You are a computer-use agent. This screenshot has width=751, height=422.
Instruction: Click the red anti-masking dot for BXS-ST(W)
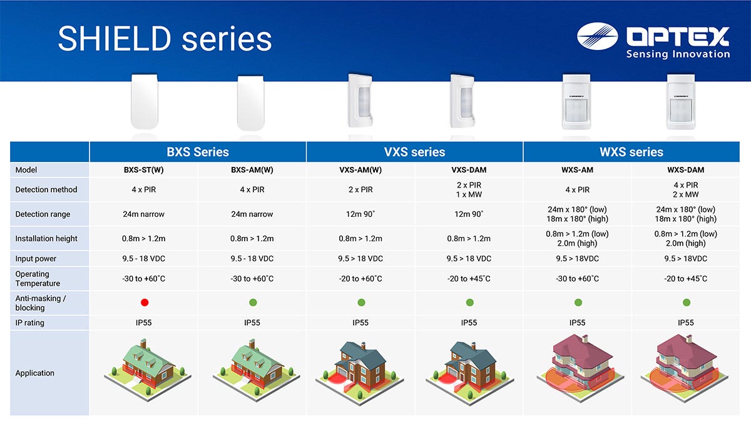(145, 303)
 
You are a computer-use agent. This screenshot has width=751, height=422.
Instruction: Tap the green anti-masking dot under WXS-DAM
(687, 303)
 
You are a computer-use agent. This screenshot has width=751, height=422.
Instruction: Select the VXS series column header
(414, 152)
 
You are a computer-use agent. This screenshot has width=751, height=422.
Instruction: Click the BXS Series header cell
(198, 152)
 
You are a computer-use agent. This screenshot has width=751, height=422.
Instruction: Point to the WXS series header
(631, 152)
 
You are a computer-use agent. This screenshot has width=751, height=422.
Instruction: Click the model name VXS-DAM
(469, 170)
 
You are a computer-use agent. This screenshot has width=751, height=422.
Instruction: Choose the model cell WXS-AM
(577, 170)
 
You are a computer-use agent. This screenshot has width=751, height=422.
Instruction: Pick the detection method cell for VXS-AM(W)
(360, 189)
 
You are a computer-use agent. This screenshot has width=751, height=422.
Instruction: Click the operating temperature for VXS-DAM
(469, 279)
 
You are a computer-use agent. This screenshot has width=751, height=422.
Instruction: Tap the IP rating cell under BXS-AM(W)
(252, 323)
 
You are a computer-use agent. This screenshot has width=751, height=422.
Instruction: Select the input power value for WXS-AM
(577, 259)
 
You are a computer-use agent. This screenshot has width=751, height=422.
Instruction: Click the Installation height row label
(46, 238)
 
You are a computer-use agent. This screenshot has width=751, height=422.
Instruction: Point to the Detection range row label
(43, 214)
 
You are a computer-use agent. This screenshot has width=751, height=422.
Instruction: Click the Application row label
(34, 373)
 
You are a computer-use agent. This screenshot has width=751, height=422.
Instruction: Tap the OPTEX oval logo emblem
(598, 36)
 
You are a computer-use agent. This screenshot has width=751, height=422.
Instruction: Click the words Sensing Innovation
(678, 54)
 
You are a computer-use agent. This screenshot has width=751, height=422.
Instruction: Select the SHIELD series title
(165, 39)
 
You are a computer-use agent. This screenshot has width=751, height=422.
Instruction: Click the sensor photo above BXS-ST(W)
(145, 101)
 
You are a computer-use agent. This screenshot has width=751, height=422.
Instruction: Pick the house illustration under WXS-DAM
(684, 368)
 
